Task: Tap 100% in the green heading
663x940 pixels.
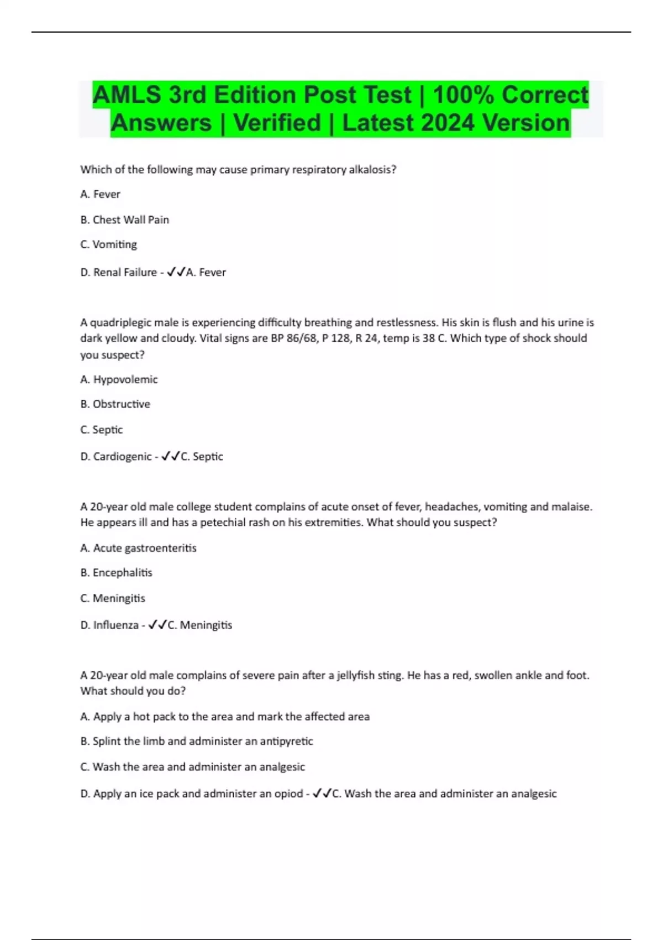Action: tap(463, 95)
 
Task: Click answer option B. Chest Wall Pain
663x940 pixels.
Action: tap(124, 220)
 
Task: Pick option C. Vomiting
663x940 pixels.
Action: tap(108, 244)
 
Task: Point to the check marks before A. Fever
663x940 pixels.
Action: tap(176, 272)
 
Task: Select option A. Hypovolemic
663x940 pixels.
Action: tap(119, 379)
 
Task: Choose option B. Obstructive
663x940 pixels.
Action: tap(115, 404)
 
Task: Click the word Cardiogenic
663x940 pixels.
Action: tap(122, 457)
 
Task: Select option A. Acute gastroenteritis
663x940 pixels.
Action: tap(138, 548)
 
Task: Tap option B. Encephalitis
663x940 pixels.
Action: tap(116, 573)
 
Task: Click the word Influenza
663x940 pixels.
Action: tap(115, 625)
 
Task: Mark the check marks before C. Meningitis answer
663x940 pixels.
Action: tap(157, 625)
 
